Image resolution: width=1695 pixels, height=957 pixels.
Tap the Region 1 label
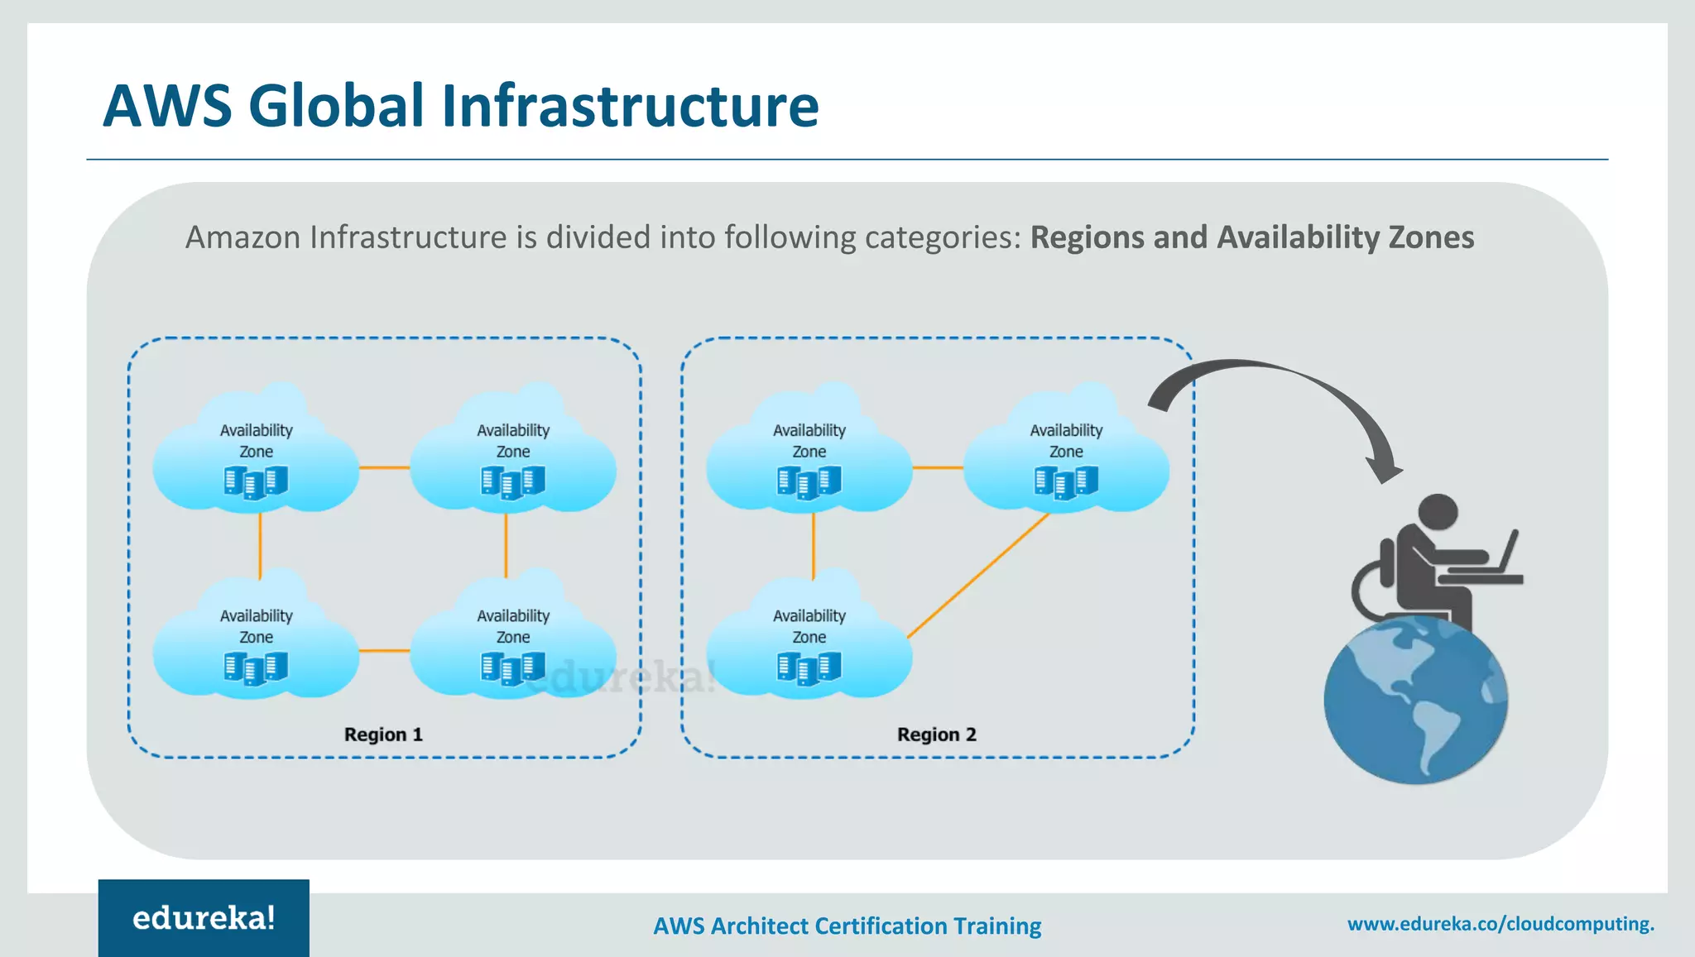[x=383, y=734]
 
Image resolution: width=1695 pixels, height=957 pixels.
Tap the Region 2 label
[x=936, y=734]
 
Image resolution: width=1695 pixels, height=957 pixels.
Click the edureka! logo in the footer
[x=204, y=918]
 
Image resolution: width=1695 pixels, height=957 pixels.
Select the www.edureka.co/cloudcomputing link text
[x=1500, y=924]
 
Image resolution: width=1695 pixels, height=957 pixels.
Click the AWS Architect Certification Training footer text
[x=847, y=926]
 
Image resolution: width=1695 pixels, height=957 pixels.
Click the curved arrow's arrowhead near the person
[x=1384, y=469]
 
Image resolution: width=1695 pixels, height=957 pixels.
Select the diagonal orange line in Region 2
[x=978, y=576]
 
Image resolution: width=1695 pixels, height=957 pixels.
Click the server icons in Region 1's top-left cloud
[x=256, y=482]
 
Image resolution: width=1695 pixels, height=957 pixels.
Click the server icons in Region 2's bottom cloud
[x=809, y=668]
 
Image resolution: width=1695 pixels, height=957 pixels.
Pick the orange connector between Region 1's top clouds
[x=384, y=468]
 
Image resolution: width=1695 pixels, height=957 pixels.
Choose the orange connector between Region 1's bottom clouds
[x=384, y=651]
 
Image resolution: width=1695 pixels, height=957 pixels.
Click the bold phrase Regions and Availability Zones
[x=1251, y=237]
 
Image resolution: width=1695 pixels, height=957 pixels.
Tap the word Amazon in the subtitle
[x=242, y=237]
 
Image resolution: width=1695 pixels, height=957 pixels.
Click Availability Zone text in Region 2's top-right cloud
[x=1066, y=441]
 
